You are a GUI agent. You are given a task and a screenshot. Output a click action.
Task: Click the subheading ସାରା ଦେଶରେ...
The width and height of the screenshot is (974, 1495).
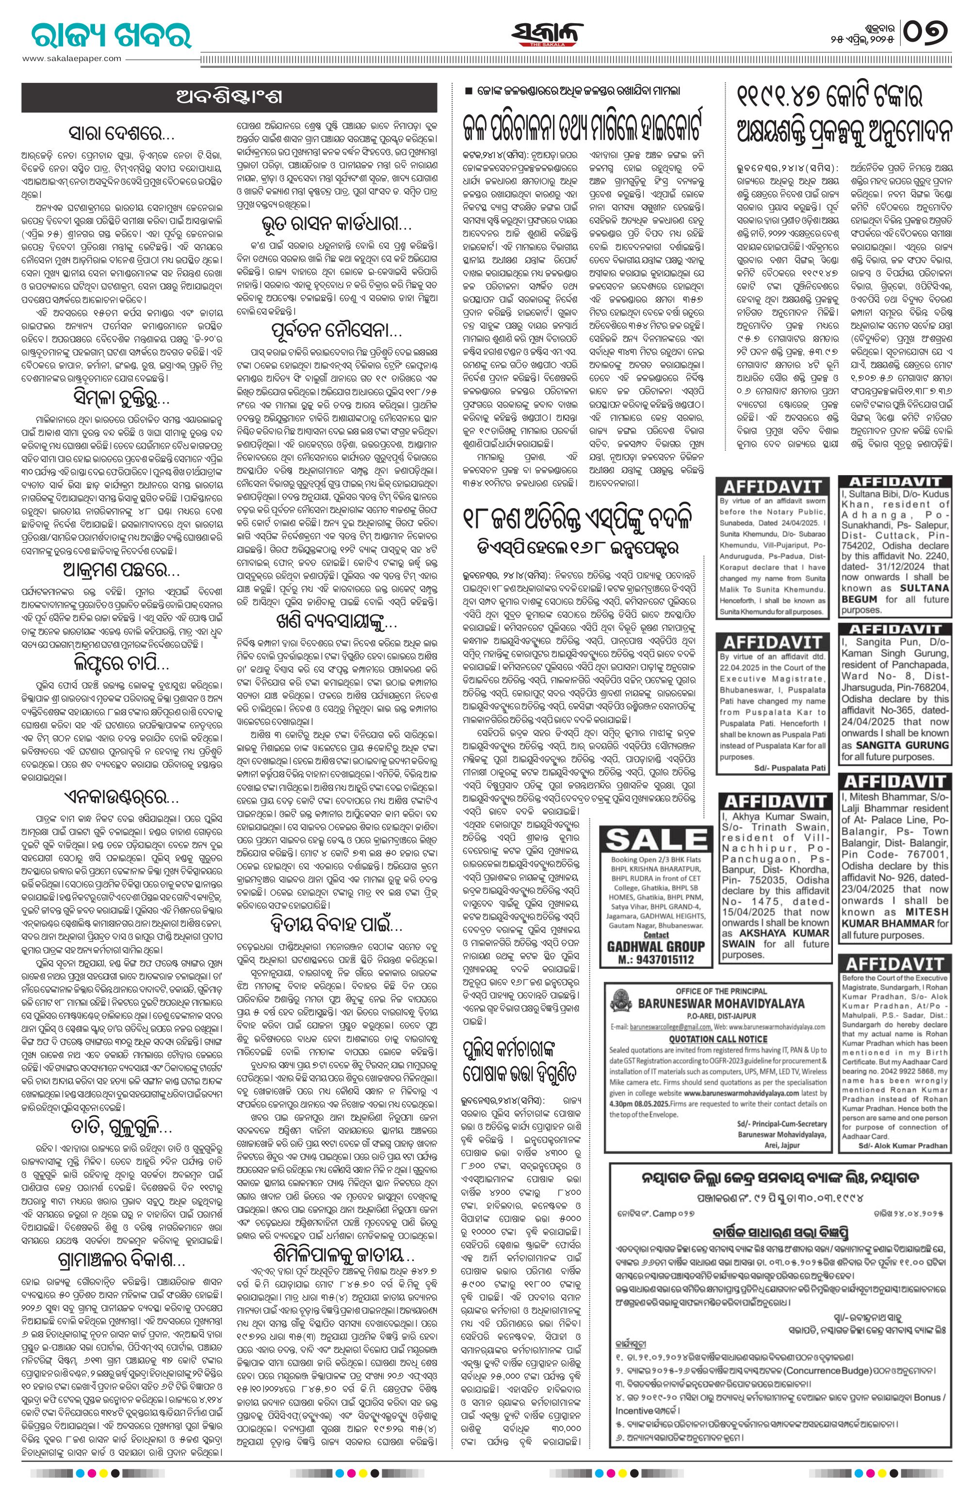[123, 135]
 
